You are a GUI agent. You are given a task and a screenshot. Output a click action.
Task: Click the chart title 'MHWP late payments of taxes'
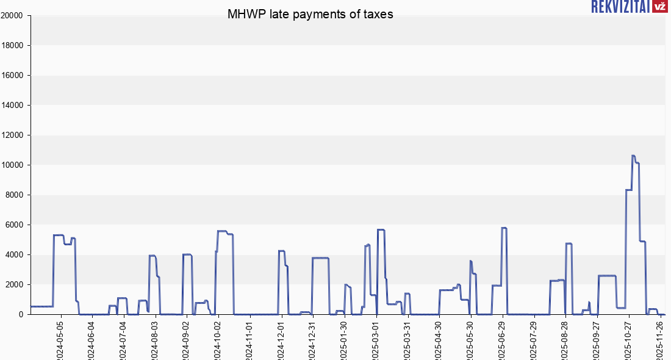click(310, 15)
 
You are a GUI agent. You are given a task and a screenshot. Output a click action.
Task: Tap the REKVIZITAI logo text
click(619, 7)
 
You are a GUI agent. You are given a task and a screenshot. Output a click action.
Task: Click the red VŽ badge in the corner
click(659, 7)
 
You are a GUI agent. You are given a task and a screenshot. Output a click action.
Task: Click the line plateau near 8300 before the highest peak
click(628, 190)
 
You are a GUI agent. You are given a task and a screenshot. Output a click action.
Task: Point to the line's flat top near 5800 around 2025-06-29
click(504, 228)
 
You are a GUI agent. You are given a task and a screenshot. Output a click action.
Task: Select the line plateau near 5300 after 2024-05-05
click(59, 235)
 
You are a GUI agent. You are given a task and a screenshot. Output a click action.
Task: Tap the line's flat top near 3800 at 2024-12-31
click(320, 257)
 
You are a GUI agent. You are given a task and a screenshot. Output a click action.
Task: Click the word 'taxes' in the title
click(378, 15)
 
